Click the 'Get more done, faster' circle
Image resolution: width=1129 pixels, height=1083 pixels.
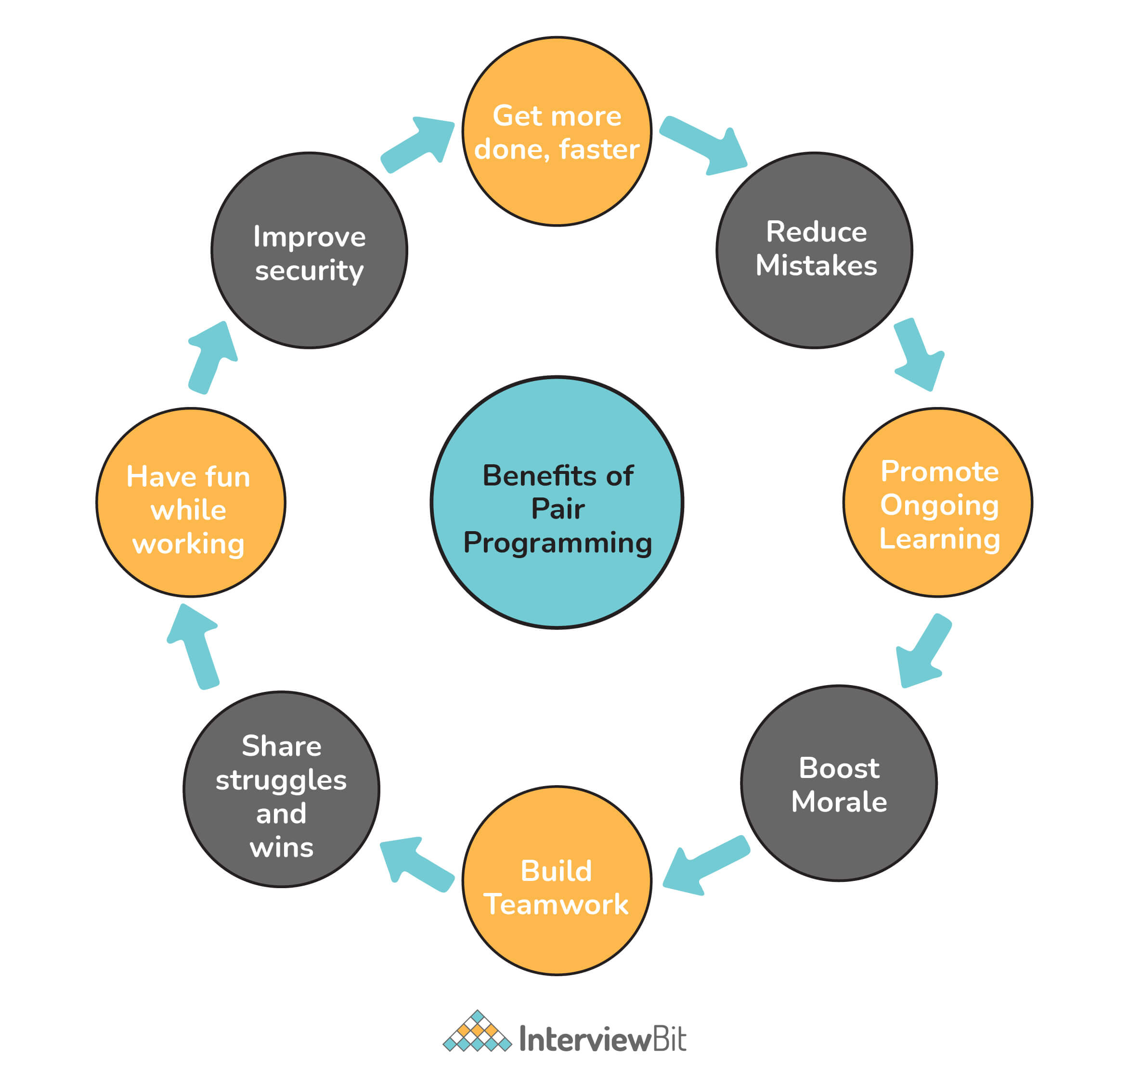[x=557, y=131]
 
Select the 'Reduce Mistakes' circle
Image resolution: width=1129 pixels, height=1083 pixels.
[x=814, y=250]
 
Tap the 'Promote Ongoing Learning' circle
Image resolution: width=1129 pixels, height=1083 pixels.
[x=938, y=503]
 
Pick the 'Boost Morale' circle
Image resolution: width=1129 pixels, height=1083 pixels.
[x=839, y=783]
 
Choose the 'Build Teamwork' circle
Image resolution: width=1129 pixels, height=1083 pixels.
[x=557, y=881]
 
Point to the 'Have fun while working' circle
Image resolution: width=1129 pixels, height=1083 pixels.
[x=191, y=503]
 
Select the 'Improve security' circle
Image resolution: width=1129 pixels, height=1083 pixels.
[x=309, y=250]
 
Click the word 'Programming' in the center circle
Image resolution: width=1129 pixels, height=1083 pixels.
[x=558, y=543]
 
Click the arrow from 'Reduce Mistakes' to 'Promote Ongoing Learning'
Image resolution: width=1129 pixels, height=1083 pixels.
[x=917, y=354]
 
